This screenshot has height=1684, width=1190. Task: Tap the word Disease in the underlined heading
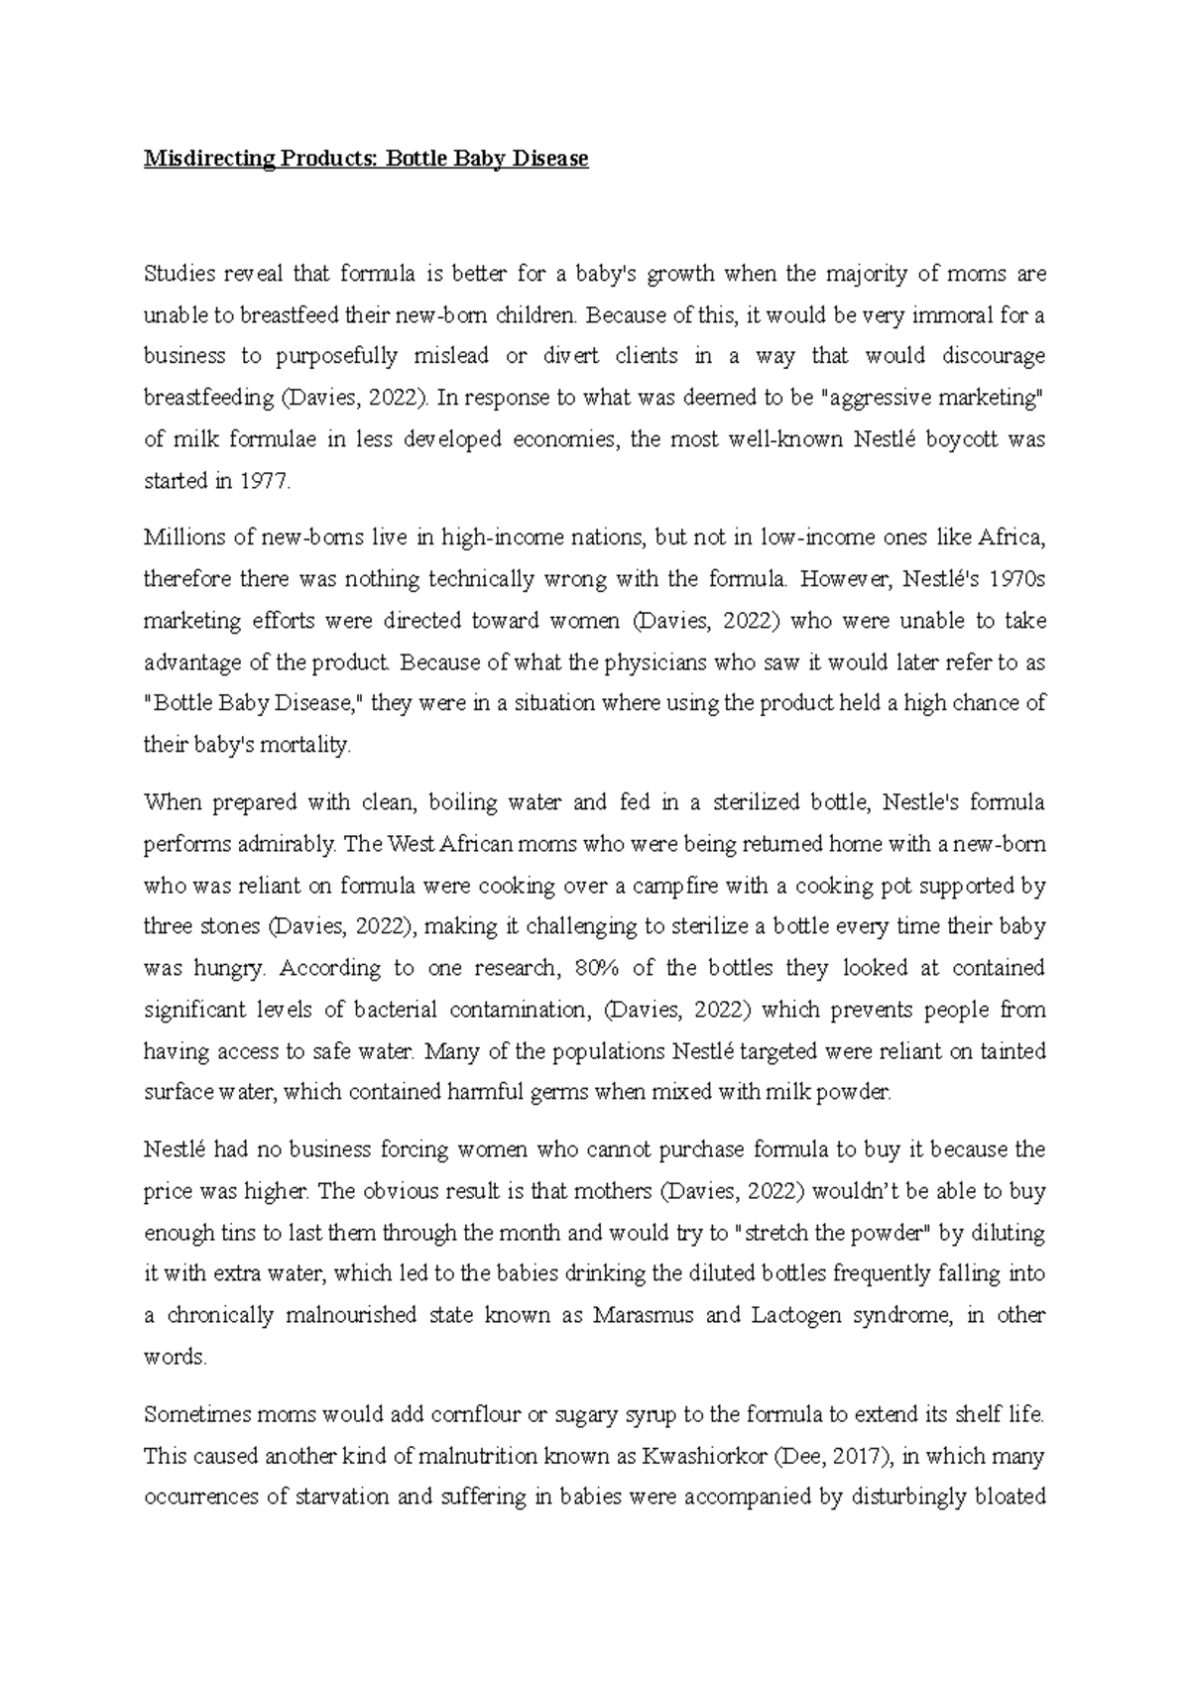[x=550, y=159]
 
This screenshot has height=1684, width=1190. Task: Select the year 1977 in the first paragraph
[x=266, y=482]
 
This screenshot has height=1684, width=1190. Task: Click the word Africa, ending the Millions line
[x=1011, y=539]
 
